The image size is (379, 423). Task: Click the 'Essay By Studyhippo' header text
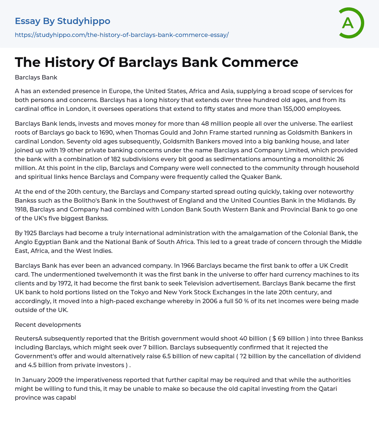pos(63,21)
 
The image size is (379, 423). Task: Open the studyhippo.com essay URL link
pos(122,35)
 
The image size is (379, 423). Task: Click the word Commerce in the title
pos(260,62)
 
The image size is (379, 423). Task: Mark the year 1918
pos(24,209)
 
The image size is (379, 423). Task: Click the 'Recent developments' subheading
pos(48,325)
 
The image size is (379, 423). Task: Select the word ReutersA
pos(29,339)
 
